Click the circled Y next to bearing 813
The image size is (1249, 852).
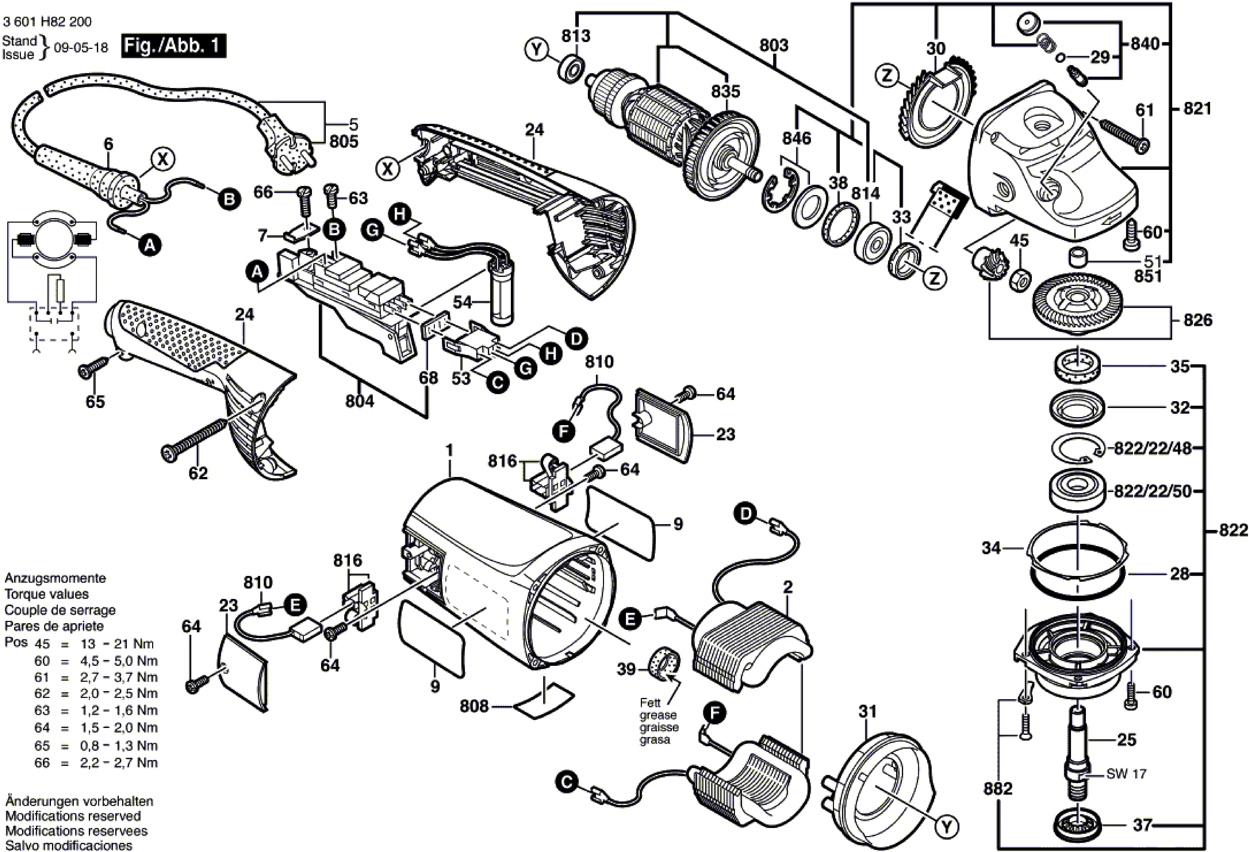pos(536,50)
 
